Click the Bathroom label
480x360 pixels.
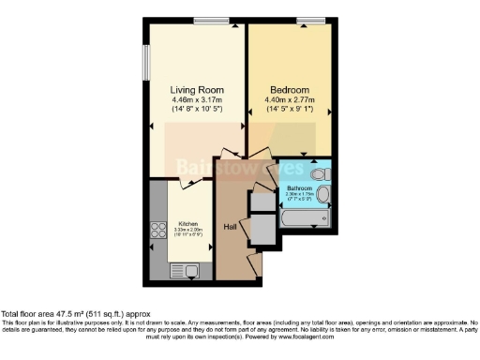(x=299, y=188)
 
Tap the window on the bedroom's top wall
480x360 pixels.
(x=305, y=20)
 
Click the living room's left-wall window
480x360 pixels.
(x=145, y=63)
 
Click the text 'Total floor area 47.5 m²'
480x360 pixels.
(x=49, y=315)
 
